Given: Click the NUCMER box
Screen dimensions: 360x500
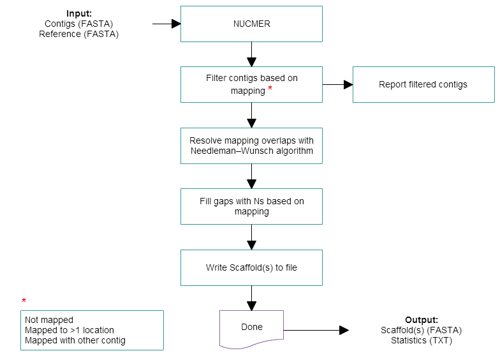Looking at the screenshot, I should (251, 24).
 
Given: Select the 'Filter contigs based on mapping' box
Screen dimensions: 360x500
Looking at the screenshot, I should (251, 84).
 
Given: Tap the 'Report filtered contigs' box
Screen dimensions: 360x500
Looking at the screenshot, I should (423, 84).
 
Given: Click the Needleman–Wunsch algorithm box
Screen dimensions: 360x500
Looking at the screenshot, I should (251, 146).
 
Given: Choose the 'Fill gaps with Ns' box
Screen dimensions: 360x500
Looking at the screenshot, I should (251, 206).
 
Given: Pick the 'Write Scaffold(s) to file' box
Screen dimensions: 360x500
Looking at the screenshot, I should (251, 267).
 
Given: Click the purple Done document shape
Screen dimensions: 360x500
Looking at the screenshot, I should (251, 327).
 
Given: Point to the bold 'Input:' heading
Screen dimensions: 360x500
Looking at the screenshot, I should (79, 13).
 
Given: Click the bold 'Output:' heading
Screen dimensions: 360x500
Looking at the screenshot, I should (421, 319).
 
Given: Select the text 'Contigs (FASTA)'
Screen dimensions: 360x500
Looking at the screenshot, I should (79, 24).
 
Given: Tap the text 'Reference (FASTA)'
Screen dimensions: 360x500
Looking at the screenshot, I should (79, 34).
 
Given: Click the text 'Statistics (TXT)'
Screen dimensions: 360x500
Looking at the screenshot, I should (421, 340).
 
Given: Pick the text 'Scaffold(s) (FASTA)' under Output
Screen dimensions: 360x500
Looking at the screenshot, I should (421, 330).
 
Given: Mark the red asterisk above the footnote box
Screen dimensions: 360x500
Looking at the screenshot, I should (24, 301).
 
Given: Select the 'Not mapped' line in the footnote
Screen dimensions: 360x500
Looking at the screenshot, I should (49, 320).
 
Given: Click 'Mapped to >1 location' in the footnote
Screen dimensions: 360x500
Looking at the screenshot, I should (70, 330).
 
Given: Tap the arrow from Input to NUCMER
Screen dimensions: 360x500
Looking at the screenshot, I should (167, 24).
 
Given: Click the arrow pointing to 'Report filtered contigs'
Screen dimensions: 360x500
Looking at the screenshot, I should (337, 84).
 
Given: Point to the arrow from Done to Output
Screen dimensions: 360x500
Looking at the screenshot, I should (316, 330).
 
